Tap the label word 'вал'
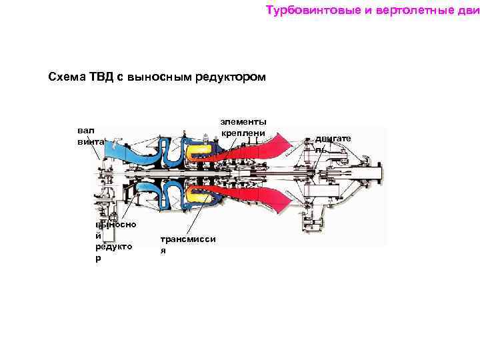86,131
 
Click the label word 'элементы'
244,122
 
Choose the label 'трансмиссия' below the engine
187,244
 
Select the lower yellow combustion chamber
199,195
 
